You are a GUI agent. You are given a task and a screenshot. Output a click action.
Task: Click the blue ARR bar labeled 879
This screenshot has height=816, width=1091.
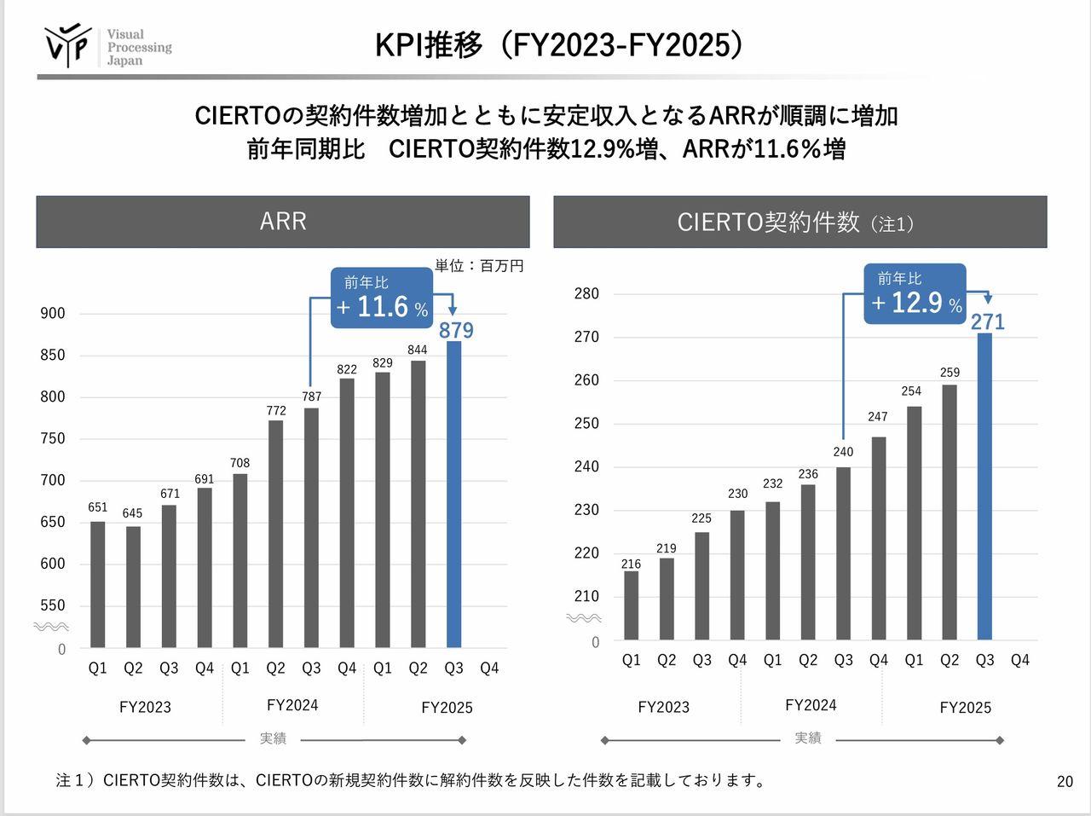(453, 495)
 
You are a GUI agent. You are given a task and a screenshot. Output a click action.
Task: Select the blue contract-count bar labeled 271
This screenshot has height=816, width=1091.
(984, 486)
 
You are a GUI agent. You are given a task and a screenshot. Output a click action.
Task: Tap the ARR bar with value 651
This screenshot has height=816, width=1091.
(98, 584)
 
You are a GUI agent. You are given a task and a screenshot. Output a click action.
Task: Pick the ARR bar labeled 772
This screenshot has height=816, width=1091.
(275, 533)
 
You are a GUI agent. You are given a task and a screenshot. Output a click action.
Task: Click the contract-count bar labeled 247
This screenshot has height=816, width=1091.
(879, 537)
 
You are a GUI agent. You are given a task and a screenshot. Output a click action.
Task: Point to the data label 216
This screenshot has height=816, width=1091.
(631, 564)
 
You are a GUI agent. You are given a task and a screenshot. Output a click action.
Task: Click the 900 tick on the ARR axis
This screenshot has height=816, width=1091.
(53, 314)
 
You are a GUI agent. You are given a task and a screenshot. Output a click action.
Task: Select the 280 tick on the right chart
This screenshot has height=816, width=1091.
(586, 294)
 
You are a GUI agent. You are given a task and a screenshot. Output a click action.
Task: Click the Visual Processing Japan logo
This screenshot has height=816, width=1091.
(107, 47)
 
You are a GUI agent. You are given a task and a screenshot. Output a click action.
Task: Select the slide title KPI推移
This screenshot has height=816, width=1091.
(559, 45)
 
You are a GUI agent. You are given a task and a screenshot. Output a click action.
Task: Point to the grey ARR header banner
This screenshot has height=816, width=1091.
(283, 222)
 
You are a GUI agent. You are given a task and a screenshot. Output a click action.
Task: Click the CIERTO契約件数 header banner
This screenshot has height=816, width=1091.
(799, 222)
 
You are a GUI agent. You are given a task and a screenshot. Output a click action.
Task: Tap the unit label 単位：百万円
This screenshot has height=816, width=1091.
(479, 266)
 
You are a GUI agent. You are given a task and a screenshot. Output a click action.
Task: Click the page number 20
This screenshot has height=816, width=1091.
(1065, 781)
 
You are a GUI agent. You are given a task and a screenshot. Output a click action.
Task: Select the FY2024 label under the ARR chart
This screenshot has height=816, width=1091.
(292, 705)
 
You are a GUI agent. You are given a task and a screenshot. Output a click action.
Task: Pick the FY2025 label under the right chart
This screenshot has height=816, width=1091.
(965, 707)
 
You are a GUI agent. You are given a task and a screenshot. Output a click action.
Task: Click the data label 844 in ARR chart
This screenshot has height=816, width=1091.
(418, 350)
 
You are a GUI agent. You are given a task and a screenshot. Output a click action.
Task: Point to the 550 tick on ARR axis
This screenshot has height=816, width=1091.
(53, 605)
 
